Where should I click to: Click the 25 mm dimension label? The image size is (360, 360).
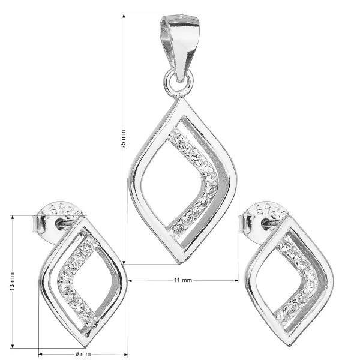(123, 139)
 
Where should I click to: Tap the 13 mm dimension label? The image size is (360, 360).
(12, 281)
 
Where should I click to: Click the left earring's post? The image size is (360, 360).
(65, 224)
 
